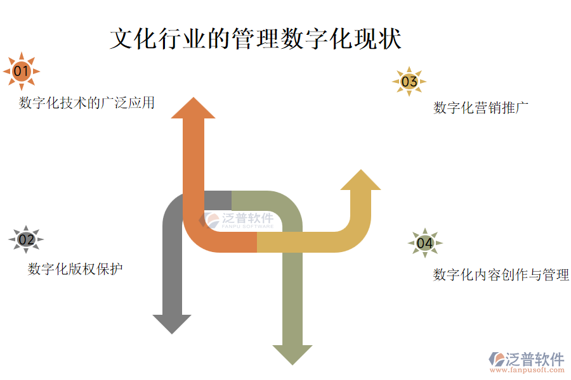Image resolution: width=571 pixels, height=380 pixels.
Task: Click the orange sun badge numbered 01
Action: coord(22,70)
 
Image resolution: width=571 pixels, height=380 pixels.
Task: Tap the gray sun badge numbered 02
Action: coord(26,239)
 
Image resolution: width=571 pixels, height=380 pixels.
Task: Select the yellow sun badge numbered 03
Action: coord(409,81)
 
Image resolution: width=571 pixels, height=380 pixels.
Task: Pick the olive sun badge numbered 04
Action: coord(424,243)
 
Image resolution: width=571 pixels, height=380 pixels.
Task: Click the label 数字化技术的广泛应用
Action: coord(87,103)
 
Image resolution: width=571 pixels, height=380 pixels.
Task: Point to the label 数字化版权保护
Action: coord(75,269)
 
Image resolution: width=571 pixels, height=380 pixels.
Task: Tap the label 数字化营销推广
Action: coord(481,108)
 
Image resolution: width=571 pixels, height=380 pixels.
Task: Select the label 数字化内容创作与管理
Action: coord(501,275)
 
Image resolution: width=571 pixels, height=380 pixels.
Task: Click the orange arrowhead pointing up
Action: coord(193,109)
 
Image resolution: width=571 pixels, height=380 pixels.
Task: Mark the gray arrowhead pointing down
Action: coord(172,323)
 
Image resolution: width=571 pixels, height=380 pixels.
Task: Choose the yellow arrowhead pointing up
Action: coord(360,180)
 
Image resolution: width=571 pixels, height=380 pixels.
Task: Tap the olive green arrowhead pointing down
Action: coord(292,354)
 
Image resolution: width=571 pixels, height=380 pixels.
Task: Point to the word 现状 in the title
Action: coord(378,39)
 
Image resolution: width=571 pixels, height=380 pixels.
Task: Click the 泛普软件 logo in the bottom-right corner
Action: coord(526,359)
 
